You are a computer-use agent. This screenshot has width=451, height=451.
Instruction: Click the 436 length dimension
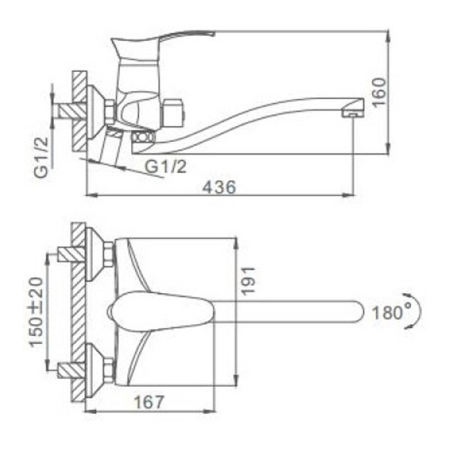tap(219, 187)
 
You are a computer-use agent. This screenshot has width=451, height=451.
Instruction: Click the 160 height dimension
tap(379, 92)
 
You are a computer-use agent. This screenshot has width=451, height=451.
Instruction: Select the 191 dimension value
tap(248, 280)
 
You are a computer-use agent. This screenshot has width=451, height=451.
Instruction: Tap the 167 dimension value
tap(149, 402)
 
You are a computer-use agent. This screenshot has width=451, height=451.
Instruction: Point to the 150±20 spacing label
tap(37, 312)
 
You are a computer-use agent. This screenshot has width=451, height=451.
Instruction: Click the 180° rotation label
tap(392, 312)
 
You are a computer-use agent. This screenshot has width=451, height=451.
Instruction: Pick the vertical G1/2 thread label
tap(41, 157)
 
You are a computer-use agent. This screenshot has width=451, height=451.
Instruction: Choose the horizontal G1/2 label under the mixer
tap(166, 166)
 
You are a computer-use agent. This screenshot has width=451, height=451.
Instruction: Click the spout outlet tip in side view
tap(353, 114)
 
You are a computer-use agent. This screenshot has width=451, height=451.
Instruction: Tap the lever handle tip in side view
tap(213, 33)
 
